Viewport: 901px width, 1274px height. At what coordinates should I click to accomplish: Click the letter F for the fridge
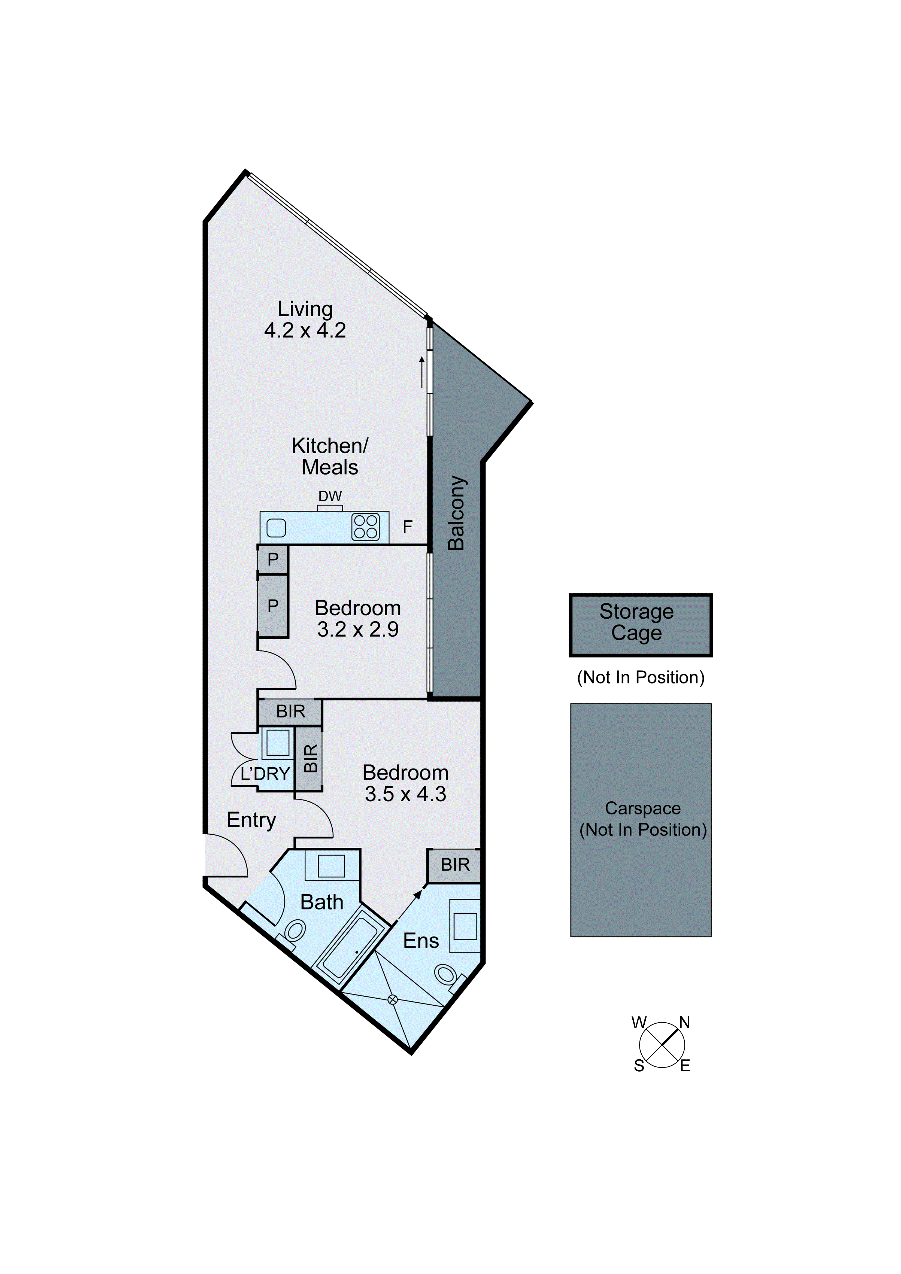[408, 527]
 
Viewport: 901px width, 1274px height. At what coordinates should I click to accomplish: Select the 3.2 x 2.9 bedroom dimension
[358, 629]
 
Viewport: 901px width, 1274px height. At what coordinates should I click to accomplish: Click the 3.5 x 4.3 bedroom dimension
[405, 794]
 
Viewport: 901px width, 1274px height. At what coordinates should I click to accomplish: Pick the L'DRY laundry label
[265, 774]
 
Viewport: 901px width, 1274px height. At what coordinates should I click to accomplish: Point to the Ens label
[421, 941]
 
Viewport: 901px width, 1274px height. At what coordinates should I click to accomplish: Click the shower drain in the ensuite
[393, 1000]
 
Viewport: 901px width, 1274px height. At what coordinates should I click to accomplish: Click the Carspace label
[642, 808]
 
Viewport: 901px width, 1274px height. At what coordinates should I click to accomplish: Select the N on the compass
[684, 1022]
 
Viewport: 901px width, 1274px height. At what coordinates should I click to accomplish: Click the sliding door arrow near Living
[422, 371]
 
